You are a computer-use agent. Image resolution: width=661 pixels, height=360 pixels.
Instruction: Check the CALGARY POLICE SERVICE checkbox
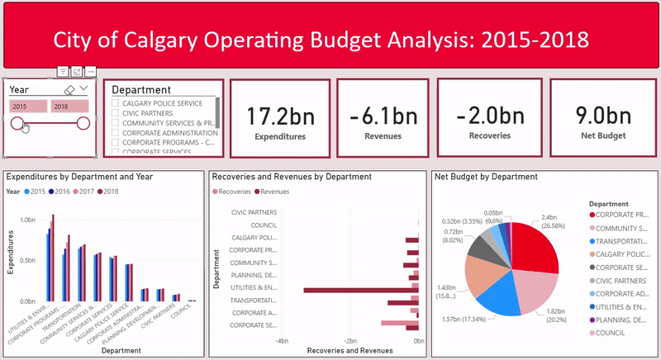point(116,104)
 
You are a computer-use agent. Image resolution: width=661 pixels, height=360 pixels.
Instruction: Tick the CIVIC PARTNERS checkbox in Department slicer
point(116,114)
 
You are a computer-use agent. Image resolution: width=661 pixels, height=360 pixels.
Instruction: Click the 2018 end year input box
point(69,107)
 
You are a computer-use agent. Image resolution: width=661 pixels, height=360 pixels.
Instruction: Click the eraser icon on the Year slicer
point(69,88)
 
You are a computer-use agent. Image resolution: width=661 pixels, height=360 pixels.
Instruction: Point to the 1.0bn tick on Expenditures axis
point(27,220)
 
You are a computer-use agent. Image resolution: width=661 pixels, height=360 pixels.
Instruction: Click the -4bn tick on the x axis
point(282,341)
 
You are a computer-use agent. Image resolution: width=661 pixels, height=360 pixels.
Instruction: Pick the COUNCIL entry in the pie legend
point(612,334)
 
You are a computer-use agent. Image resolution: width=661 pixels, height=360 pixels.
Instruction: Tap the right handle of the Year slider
point(83,124)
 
